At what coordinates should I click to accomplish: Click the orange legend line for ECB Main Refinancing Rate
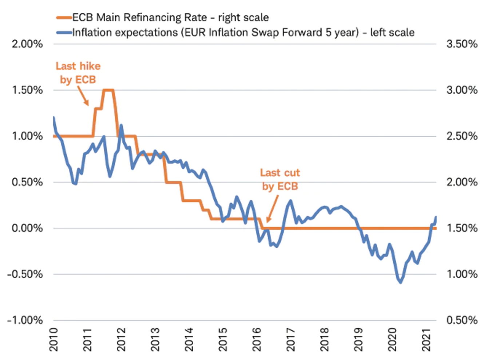pos(64,17)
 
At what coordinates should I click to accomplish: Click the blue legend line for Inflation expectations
pos(64,33)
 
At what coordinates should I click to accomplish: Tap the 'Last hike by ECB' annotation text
pos(78,73)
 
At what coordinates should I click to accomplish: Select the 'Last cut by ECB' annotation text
pos(280,179)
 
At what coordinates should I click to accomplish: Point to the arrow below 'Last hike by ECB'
pos(83,96)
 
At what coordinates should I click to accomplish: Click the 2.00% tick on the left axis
pos(27,44)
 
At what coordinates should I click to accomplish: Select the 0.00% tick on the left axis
pos(27,228)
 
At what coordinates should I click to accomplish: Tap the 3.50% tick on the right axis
pos(462,44)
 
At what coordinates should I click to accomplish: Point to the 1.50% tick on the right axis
pos(462,228)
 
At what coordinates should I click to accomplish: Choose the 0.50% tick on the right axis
pos(462,320)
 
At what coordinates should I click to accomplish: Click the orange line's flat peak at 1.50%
pos(108,90)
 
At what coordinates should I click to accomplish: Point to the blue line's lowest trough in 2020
pos(401,282)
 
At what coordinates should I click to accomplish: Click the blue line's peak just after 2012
pos(121,125)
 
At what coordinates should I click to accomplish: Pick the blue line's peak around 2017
pos(290,201)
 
